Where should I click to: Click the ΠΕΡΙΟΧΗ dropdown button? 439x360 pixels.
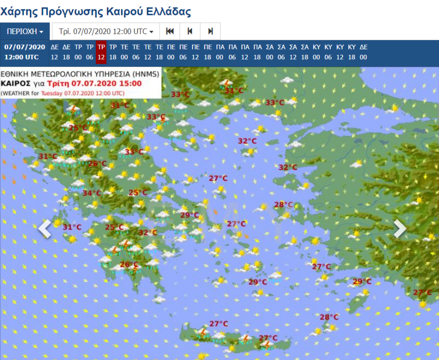click(x=25, y=31)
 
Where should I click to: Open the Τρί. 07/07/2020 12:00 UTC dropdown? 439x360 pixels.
click(x=106, y=31)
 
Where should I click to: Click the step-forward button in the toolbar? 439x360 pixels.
click(x=210, y=31)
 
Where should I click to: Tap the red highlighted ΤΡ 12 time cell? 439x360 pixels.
click(x=101, y=52)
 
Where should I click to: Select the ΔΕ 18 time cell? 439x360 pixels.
click(x=66, y=52)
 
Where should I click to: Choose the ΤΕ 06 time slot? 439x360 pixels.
click(x=136, y=52)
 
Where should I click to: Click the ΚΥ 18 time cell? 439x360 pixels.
click(x=352, y=52)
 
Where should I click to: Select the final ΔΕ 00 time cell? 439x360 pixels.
click(x=363, y=52)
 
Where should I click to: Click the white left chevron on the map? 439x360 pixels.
click(x=45, y=228)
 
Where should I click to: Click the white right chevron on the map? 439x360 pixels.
click(x=400, y=228)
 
